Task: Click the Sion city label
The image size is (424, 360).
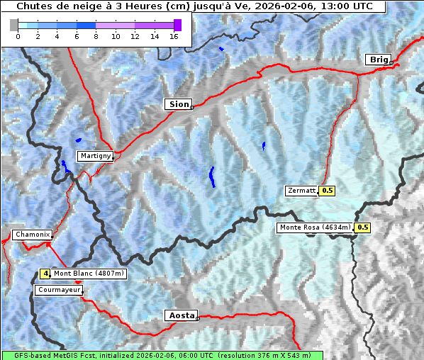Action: pos(179,104)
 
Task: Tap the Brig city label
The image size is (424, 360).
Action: pos(377,60)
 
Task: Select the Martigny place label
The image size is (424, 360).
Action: pos(95,156)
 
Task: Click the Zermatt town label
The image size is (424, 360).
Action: pos(301,191)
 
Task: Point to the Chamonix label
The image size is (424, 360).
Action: pos(32,235)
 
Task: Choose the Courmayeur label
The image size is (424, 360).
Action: pos(59,291)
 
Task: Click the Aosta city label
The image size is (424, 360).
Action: pos(180,315)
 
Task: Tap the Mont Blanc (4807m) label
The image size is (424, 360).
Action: pos(89,274)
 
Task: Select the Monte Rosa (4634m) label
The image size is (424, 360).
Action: pos(315,227)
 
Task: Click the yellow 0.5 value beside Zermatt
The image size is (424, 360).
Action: pos(328,191)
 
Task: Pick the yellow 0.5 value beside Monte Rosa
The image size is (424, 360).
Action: pos(362,227)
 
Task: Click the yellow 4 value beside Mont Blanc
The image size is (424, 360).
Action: pos(45,274)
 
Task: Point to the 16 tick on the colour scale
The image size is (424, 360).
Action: pos(174,36)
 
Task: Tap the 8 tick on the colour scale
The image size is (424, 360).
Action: pos(95,36)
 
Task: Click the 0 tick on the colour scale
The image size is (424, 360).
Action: pos(17,36)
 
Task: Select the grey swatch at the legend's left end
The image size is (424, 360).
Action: pos(14,25)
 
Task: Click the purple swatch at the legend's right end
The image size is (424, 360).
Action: pos(177,25)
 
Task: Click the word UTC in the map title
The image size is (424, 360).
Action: pos(358,6)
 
